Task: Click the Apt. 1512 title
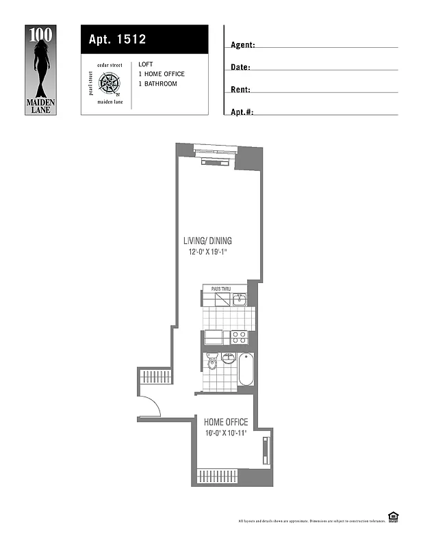(x=117, y=39)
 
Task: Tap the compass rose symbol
(x=109, y=83)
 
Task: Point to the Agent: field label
(x=243, y=44)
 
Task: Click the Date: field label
(x=240, y=67)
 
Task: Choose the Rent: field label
(x=240, y=90)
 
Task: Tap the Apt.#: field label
(x=242, y=111)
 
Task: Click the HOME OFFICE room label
(x=226, y=422)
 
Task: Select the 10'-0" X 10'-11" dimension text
(x=226, y=433)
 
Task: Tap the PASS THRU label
(x=220, y=290)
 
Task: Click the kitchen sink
(x=240, y=299)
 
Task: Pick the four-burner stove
(x=239, y=336)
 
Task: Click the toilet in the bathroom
(x=211, y=362)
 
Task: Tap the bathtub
(x=246, y=369)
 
